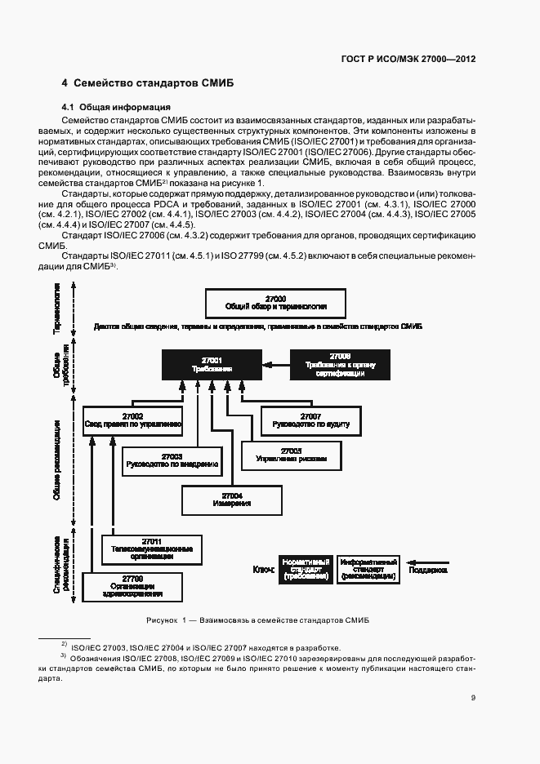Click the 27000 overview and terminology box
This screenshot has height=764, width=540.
[276, 303]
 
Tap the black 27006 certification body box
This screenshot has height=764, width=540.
[340, 364]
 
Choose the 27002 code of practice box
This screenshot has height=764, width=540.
[132, 420]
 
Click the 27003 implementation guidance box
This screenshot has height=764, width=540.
[172, 460]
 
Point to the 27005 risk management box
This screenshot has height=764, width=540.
[291, 455]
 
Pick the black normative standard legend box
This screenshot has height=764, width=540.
[306, 569]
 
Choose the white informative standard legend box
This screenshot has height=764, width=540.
[368, 569]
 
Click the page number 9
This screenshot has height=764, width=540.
[473, 697]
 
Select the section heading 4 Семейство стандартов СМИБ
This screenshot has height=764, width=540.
[148, 83]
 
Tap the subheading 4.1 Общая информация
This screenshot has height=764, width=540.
[116, 107]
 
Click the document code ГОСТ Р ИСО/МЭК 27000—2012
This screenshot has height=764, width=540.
[407, 59]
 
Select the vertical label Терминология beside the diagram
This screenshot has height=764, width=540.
[57, 308]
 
